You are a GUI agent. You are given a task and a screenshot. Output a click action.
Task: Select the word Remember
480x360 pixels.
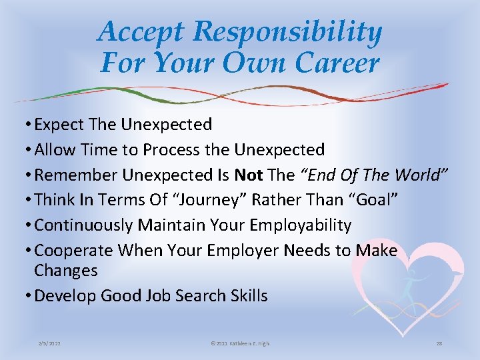point(76,175)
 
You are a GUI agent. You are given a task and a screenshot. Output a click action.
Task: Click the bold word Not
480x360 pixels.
point(249,175)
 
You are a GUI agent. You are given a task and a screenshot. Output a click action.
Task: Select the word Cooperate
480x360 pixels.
point(74,251)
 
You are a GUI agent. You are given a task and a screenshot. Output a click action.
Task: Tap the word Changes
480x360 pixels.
point(66,271)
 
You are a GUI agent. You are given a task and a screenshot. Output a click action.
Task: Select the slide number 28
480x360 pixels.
point(439,343)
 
